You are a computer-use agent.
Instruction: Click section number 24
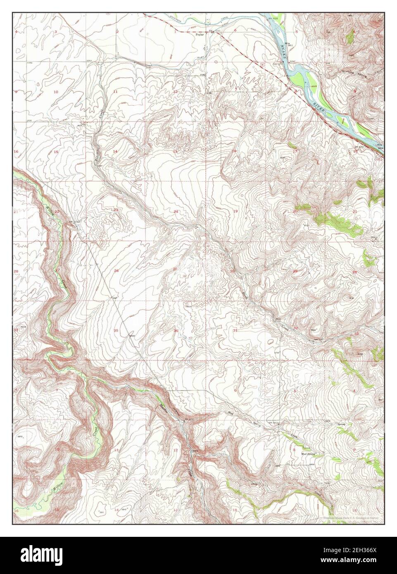176,211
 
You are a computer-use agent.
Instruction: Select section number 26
116,271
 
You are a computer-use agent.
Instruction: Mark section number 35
116,330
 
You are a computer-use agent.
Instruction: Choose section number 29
295,271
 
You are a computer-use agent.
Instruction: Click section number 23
116,210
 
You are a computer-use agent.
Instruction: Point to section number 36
176,330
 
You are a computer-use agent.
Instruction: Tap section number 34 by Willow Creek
57,330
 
